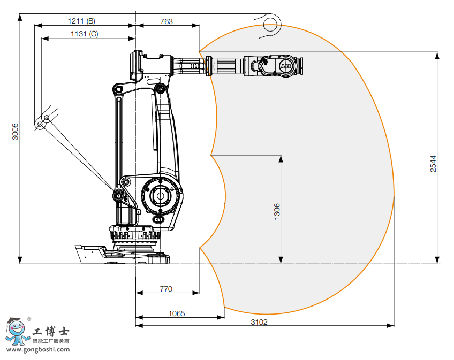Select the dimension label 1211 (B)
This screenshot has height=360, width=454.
pyautogui.click(x=81, y=21)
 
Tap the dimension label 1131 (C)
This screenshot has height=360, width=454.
pyautogui.click(x=85, y=34)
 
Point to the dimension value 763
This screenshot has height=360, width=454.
pyautogui.click(x=167, y=21)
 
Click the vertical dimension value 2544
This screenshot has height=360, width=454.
pyautogui.click(x=433, y=164)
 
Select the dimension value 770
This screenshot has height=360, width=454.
pyautogui.click(x=166, y=289)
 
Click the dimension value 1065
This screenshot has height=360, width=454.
pyautogui.click(x=177, y=313)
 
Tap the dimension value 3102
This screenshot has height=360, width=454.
pyautogui.click(x=259, y=322)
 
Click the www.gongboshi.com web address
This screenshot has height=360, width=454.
pyautogui.click(x=36, y=350)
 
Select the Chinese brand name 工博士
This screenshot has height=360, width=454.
pyautogui.click(x=51, y=332)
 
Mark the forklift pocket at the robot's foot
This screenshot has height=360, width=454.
pyautogui.click(x=92, y=254)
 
